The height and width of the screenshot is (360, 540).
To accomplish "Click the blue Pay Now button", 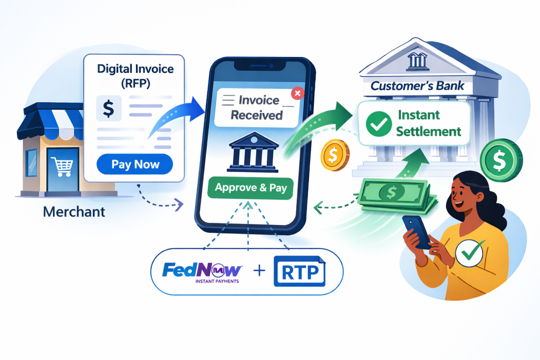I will click(x=135, y=164).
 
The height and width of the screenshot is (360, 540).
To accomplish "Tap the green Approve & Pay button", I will click(x=250, y=188).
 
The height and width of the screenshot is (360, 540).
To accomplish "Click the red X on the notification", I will click(x=297, y=93).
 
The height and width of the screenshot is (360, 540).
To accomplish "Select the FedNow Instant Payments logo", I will click(x=202, y=273).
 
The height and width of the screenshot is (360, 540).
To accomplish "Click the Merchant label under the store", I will click(x=74, y=212).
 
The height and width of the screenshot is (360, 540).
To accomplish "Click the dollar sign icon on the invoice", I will click(x=108, y=109).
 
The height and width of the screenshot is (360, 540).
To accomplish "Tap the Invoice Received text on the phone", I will click(x=252, y=108).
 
